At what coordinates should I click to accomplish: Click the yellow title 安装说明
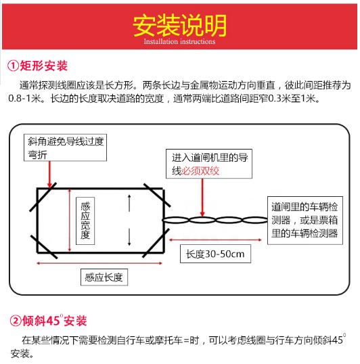(179, 25)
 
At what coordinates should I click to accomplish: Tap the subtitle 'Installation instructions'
(179, 41)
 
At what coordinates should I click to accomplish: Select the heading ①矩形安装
(37, 66)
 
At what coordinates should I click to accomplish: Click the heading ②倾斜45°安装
(48, 321)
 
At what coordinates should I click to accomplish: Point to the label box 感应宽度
(85, 221)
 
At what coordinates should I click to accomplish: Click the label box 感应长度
(104, 277)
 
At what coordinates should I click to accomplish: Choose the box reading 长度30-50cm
(215, 254)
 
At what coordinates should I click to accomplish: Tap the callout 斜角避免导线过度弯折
(65, 147)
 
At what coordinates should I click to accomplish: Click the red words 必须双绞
(200, 171)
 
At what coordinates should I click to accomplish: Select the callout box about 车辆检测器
(305, 221)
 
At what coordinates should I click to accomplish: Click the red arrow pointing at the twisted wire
(202, 198)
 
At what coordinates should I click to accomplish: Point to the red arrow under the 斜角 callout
(49, 174)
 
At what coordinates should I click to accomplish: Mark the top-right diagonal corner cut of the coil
(157, 195)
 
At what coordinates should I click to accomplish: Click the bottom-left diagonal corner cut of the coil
(44, 247)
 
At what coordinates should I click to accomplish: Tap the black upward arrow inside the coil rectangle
(129, 204)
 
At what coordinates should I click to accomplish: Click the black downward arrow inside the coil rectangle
(129, 237)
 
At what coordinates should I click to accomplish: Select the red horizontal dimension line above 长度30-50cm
(215, 240)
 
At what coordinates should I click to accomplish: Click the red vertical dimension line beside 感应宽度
(70, 221)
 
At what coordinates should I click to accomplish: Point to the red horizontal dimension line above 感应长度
(99, 263)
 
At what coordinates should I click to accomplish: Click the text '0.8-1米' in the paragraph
(25, 99)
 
